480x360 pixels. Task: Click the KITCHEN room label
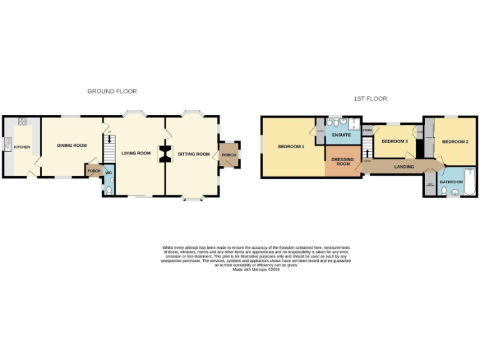pos(22,147)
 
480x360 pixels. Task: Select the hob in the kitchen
pos(23,121)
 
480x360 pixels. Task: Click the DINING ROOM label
pos(72,146)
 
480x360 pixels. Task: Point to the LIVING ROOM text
pos(136,153)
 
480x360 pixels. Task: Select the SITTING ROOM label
pos(194,154)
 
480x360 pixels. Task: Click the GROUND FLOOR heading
pos(112,91)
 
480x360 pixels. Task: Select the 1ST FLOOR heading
pos(370,99)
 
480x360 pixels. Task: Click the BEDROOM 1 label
pos(291,147)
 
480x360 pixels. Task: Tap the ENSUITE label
pos(341,135)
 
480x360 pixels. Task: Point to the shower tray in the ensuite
pos(356,123)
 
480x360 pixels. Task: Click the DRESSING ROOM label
pos(343,161)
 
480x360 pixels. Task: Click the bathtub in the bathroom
pos(469,182)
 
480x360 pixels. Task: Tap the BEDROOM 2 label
pos(455,142)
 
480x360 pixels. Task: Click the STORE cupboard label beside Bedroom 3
pos(367,131)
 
